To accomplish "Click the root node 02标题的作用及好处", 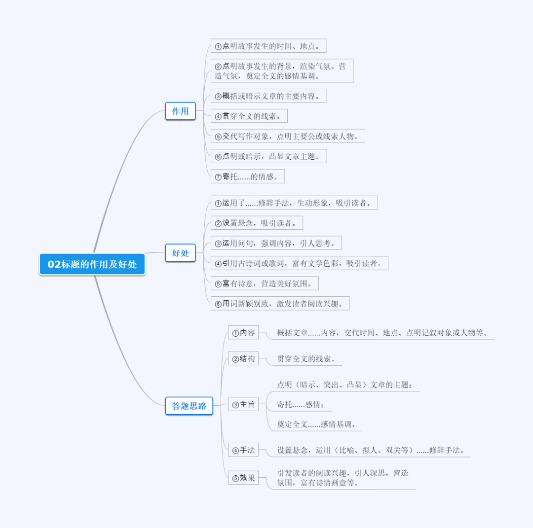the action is tap(92, 264).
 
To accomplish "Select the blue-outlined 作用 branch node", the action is tap(180, 111).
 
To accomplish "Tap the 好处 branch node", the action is tap(180, 253).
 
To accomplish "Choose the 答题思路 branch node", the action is tap(189, 406).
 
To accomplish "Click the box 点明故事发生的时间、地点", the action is tap(268, 46).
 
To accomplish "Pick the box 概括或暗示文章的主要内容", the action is tap(268, 96).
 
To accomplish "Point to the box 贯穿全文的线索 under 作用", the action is tap(249, 116).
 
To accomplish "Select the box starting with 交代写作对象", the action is tap(287, 136).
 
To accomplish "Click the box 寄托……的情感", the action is tap(247, 176).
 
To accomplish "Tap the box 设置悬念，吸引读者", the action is tap(257, 223).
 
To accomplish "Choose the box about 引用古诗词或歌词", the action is tap(299, 263).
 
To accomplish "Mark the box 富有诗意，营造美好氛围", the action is tap(264, 283).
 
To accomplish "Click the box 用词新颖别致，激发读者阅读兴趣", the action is tap(280, 304).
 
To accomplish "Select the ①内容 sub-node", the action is tap(243, 333).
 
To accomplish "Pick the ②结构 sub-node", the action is tap(243, 359).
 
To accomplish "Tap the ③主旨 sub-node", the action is tap(243, 405).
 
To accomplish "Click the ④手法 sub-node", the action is tap(243, 450).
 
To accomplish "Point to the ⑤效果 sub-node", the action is tap(243, 478).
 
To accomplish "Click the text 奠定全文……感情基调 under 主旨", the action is tap(316, 424).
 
